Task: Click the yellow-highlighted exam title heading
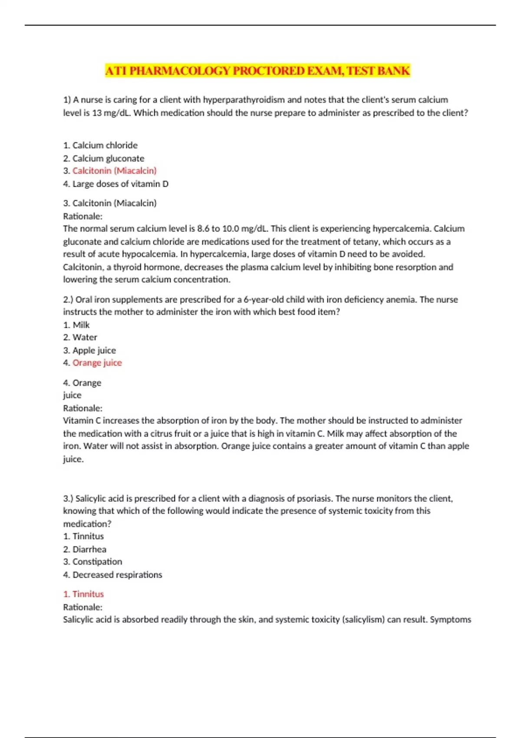257,71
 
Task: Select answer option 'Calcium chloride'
105,145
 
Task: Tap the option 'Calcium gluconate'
108,158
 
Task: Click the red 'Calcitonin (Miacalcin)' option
114,171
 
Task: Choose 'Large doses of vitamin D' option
120,184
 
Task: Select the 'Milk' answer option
81,325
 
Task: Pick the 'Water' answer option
85,337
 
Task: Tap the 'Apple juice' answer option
94,350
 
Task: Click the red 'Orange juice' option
97,363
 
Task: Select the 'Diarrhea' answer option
89,549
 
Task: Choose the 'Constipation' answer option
97,562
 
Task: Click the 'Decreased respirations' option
117,575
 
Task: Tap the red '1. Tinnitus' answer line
83,594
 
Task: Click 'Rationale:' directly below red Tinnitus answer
82,607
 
